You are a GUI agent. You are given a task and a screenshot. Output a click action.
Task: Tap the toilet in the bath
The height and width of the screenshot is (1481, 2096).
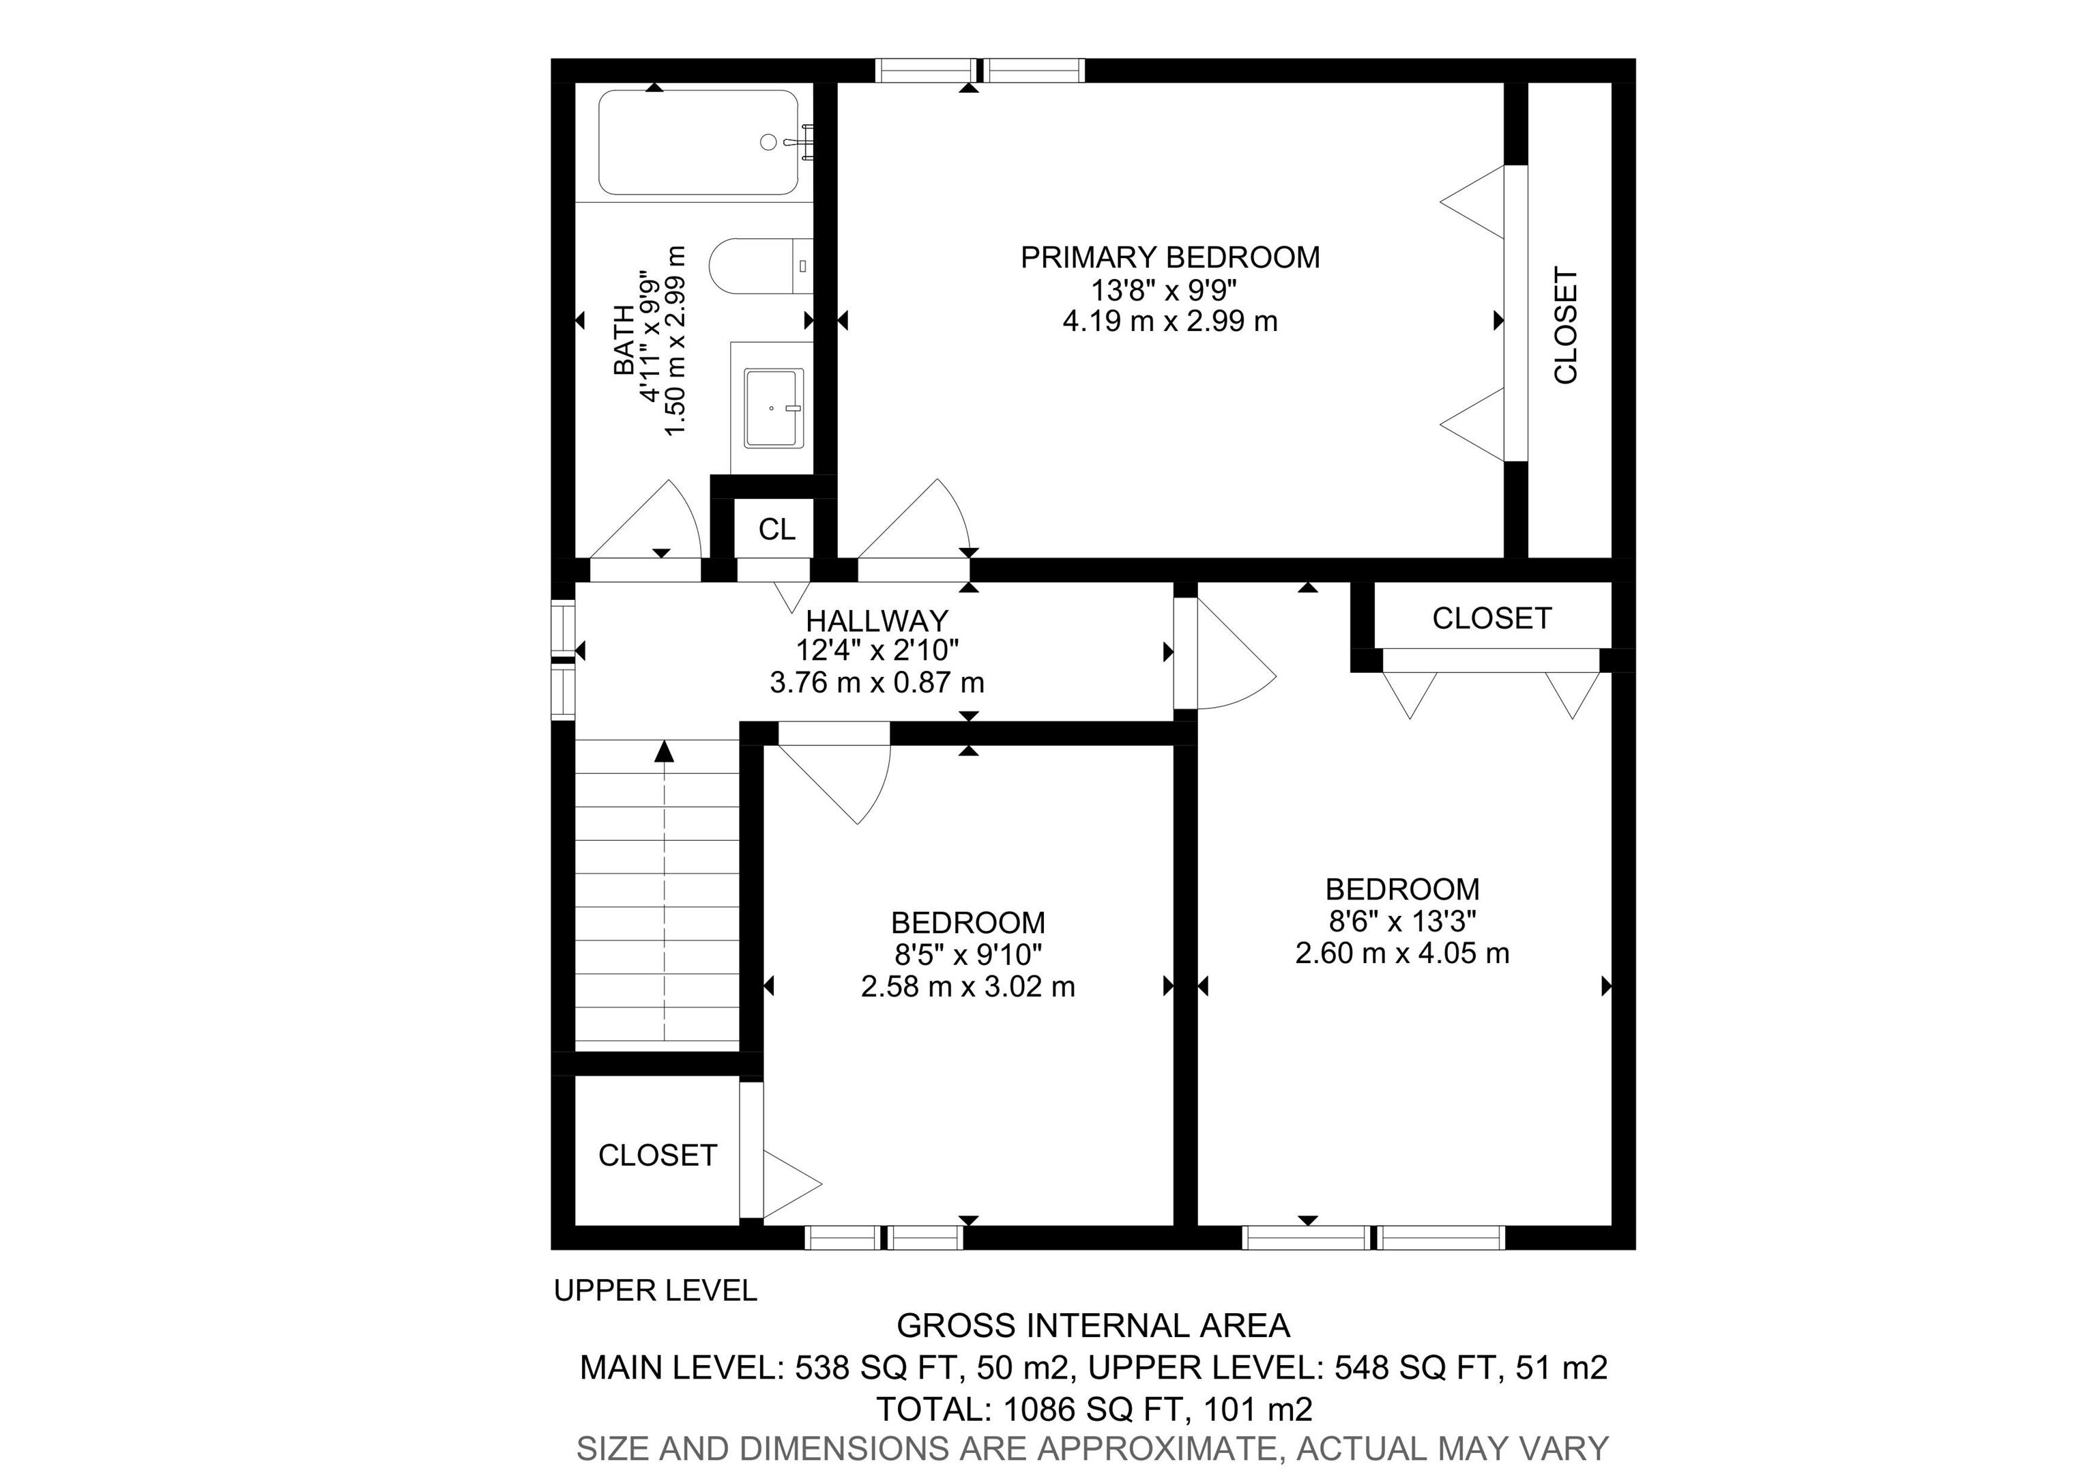click(759, 265)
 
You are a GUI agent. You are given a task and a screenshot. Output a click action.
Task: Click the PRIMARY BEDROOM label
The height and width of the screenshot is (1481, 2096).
click(1169, 257)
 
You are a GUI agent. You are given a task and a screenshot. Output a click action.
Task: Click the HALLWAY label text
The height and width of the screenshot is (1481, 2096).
click(876, 621)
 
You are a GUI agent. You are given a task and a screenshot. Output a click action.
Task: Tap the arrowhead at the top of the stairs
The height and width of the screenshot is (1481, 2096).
click(665, 751)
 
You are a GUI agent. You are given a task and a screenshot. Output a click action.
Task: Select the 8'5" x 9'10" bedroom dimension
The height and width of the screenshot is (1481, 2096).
click(967, 955)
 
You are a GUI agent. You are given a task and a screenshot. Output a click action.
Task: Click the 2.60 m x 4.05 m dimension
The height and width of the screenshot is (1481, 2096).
click(1401, 953)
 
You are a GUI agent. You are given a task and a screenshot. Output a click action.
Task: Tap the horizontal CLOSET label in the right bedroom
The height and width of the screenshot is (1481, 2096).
click(1491, 618)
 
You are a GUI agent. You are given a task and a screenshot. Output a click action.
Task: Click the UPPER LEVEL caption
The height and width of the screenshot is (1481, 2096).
click(656, 1290)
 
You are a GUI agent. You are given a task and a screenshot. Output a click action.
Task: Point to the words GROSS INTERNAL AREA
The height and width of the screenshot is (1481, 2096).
click(1093, 1325)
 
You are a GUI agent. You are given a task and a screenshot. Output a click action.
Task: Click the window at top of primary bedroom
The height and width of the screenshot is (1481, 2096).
click(980, 70)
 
